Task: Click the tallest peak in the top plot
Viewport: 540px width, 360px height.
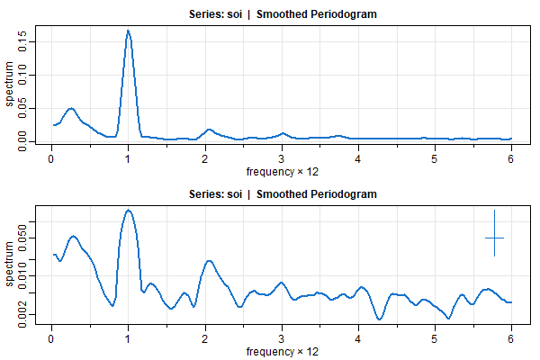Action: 128,31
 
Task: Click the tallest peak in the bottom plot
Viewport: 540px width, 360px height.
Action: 129,210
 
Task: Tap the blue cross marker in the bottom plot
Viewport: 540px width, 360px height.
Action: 494,238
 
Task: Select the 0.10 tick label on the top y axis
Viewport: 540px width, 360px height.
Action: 22,75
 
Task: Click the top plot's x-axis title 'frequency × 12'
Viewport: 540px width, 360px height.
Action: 282,171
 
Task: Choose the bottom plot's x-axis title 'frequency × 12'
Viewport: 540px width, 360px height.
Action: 282,351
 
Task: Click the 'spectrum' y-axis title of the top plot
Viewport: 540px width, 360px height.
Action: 9,84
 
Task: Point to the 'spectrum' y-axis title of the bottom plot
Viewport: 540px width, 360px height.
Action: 9,264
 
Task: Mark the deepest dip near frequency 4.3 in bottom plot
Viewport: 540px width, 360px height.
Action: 380,319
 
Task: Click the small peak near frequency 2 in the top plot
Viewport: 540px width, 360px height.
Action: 209,130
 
